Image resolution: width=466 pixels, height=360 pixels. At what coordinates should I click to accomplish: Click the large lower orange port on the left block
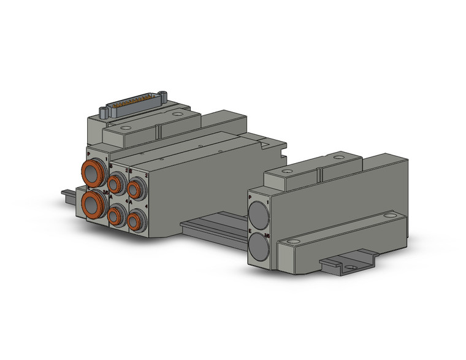(x=94, y=203)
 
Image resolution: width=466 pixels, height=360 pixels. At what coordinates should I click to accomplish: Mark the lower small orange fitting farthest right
(x=137, y=220)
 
